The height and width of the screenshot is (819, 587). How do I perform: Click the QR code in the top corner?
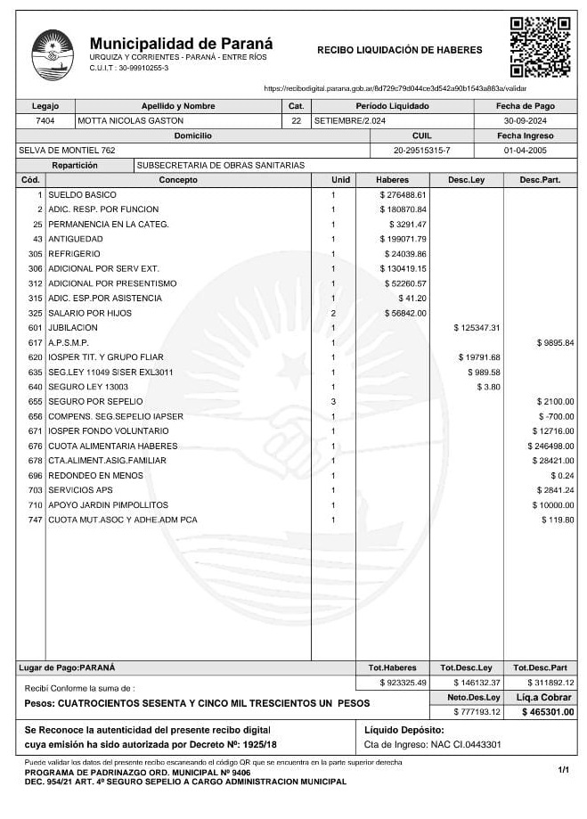[540, 46]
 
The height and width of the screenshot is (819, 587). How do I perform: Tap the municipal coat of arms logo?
[53, 54]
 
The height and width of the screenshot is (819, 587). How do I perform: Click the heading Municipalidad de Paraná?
[181, 44]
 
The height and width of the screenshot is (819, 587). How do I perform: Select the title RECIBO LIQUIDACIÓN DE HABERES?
[399, 51]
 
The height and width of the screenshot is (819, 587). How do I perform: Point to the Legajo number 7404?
[45, 120]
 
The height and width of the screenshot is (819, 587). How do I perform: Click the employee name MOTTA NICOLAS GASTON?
[131, 120]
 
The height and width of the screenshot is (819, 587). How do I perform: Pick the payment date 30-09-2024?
[526, 120]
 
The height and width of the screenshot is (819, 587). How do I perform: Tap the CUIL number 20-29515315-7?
[421, 151]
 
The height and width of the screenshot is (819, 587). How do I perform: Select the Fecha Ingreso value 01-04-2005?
[526, 151]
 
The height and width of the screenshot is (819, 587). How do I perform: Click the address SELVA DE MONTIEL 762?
[67, 151]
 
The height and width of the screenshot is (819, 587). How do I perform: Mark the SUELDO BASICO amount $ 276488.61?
[404, 194]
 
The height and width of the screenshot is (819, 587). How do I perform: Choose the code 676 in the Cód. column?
[36, 446]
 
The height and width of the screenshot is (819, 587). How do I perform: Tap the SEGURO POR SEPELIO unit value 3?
[333, 401]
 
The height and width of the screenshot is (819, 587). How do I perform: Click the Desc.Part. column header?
[540, 180]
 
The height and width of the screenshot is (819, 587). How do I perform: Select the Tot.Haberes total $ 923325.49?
[404, 683]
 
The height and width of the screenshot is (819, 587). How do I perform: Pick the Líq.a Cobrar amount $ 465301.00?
[547, 712]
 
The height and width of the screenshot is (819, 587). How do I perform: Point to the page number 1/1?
[563, 768]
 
